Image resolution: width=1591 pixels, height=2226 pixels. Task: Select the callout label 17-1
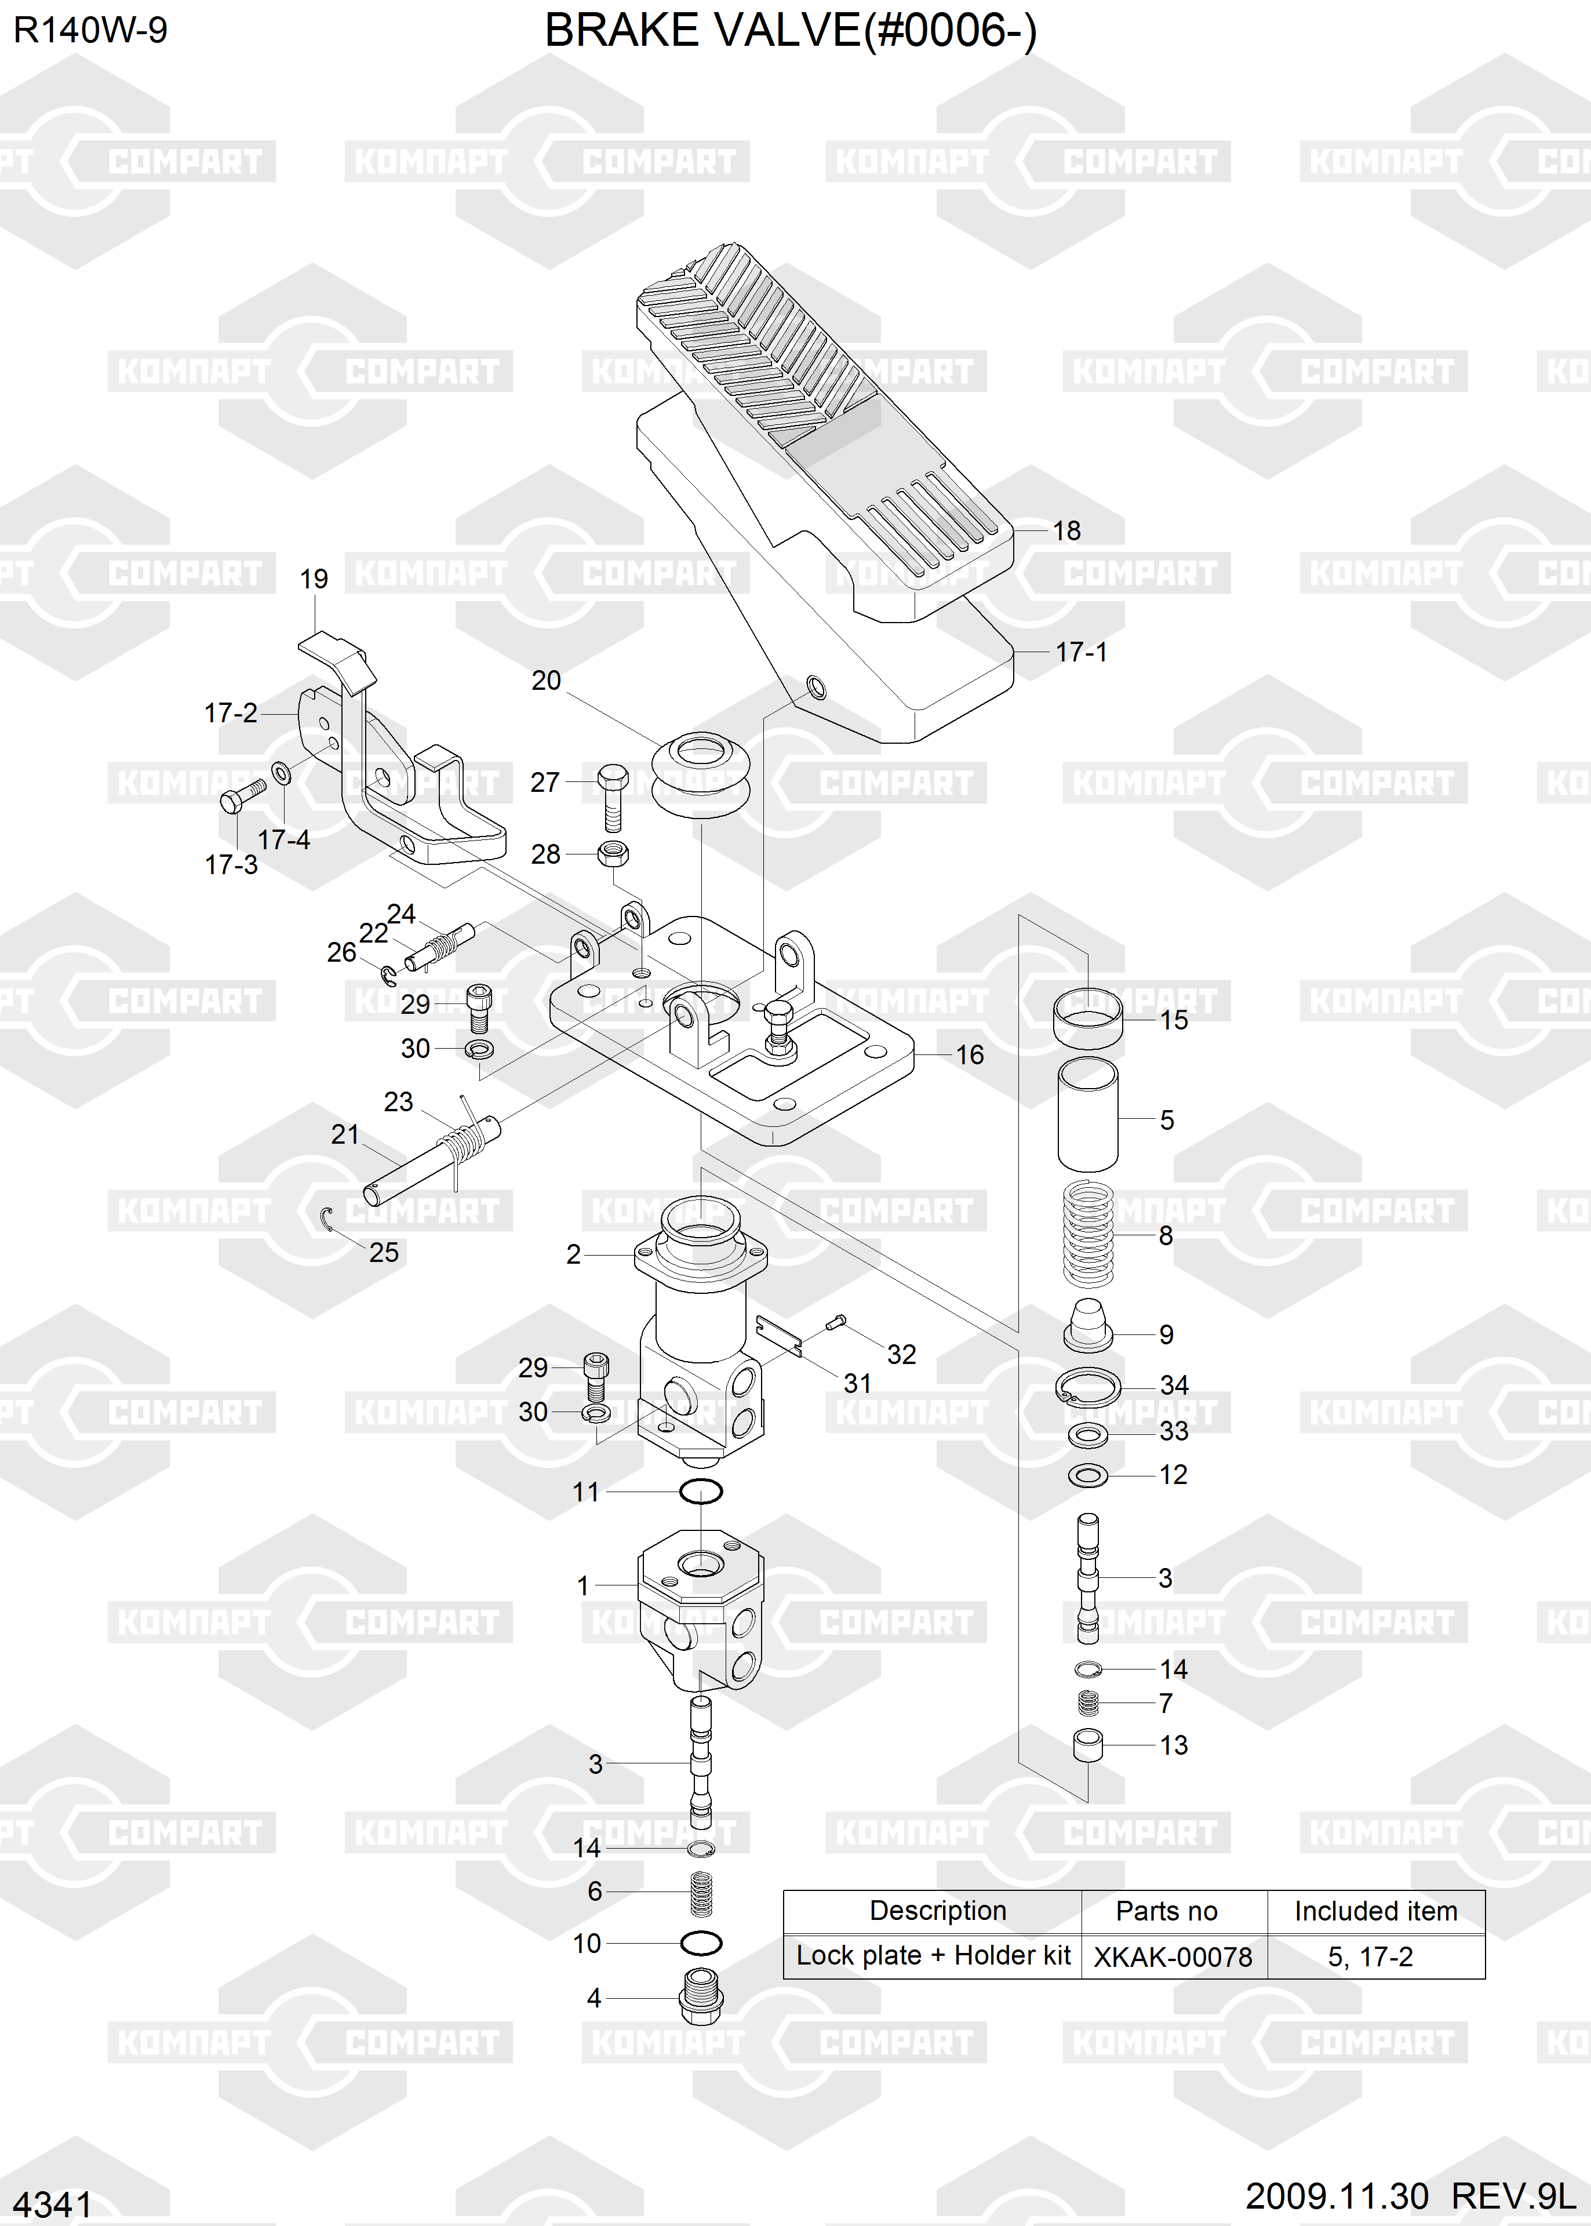[x=1082, y=652]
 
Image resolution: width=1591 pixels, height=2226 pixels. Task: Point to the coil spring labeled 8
[x=1088, y=1235]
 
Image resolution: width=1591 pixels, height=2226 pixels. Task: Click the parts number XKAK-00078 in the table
[x=1173, y=1956]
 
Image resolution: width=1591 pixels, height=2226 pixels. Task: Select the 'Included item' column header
[x=1375, y=1911]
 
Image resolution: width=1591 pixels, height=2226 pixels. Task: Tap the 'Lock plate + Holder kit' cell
[x=933, y=1956]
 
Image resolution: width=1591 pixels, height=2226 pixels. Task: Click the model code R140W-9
[x=90, y=30]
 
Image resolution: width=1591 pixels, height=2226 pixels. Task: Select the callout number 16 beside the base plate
[x=970, y=1054]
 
